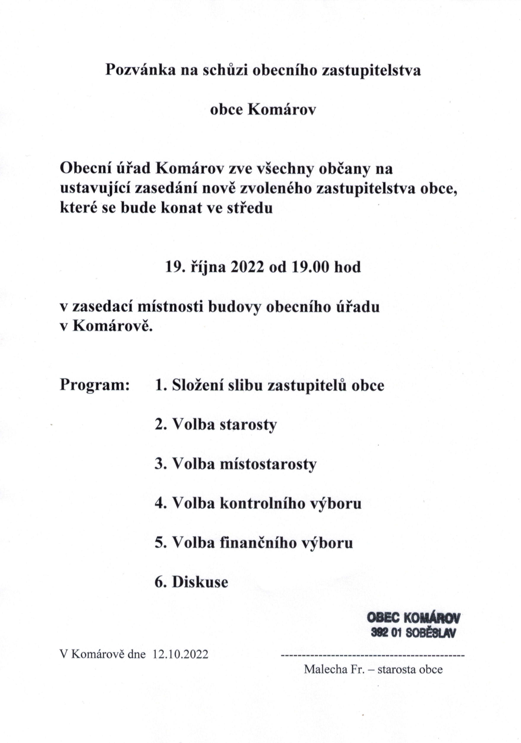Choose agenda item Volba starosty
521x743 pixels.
coord(216,425)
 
